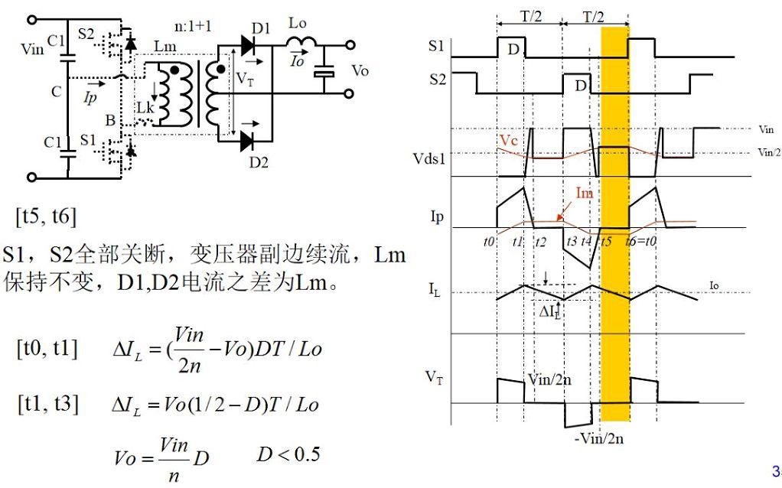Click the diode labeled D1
coord(249,45)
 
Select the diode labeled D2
coord(248,141)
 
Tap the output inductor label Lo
coord(297,24)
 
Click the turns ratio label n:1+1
coord(193,26)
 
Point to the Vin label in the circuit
coord(32,49)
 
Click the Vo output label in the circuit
coord(360,70)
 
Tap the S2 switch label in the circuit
coord(86,34)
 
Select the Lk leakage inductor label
coord(145,108)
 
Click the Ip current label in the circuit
coord(90,97)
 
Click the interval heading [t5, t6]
coord(47,216)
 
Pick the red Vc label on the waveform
coord(509,140)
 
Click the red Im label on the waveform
coord(584,193)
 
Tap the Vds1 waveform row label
coord(429,158)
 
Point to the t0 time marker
coord(489,242)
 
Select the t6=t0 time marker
coord(641,242)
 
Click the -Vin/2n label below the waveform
coord(599,438)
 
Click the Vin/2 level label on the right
coord(769,152)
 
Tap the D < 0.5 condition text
coord(288,454)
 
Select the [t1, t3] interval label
coord(48,403)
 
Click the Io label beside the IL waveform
coord(714,285)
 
